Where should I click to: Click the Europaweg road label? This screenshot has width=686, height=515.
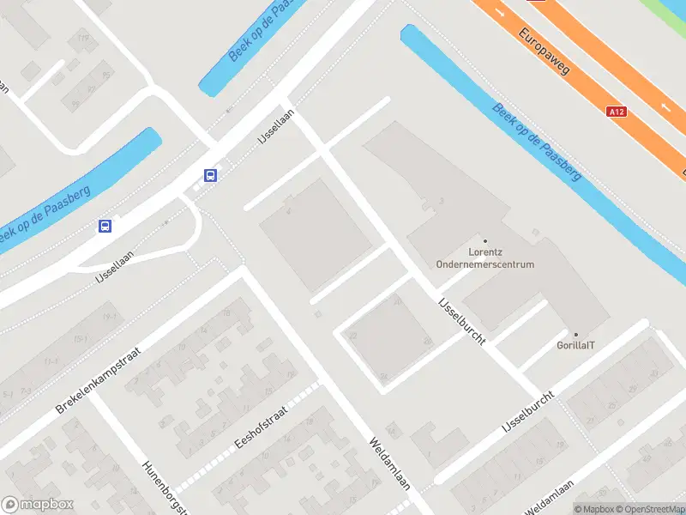pyautogui.click(x=545, y=51)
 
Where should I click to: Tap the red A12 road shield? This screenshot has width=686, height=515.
pyautogui.click(x=615, y=112)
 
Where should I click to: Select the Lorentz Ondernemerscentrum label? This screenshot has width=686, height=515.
pyautogui.click(x=484, y=258)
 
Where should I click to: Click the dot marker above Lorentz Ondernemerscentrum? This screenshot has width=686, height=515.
pyautogui.click(x=485, y=241)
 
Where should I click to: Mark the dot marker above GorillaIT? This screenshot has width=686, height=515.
pyautogui.click(x=575, y=335)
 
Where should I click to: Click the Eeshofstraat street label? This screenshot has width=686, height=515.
pyautogui.click(x=261, y=427)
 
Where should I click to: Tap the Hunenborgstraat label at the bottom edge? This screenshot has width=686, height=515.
pyautogui.click(x=164, y=488)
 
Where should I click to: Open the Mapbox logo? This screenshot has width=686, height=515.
pyautogui.click(x=38, y=505)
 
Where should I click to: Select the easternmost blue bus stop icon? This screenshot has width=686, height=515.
pyautogui.click(x=210, y=175)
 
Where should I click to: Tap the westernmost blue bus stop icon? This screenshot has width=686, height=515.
pyautogui.click(x=105, y=227)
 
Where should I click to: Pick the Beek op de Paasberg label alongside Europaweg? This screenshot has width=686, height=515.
pyautogui.click(x=538, y=142)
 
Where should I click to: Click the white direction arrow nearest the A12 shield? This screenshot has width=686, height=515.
pyautogui.click(x=666, y=107)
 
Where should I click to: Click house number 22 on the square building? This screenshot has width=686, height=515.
pyautogui.click(x=352, y=335)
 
